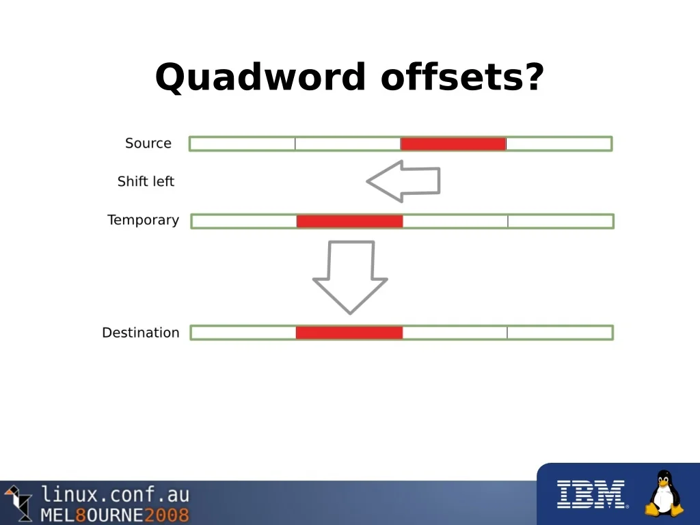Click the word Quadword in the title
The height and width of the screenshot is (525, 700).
click(260, 77)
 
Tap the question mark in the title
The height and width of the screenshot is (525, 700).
click(532, 77)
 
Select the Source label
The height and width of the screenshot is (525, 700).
click(148, 144)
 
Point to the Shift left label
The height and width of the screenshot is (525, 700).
click(146, 181)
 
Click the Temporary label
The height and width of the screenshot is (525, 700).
click(143, 220)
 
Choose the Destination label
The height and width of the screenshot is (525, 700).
click(141, 333)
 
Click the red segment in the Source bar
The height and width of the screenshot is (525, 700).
click(453, 144)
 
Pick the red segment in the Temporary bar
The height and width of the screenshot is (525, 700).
click(349, 221)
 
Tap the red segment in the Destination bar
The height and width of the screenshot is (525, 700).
click(349, 333)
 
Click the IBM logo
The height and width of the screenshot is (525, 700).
click(592, 494)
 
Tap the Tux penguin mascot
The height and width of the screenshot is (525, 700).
click(664, 494)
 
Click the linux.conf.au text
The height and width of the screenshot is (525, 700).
click(116, 495)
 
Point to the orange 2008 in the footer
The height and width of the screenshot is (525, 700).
click(167, 515)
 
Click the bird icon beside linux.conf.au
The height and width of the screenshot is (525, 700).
click(18, 502)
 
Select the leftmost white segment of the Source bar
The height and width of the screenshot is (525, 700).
click(243, 144)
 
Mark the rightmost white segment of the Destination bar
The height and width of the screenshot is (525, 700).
click(559, 333)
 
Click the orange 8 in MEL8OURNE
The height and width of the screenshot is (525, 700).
click(81, 515)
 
